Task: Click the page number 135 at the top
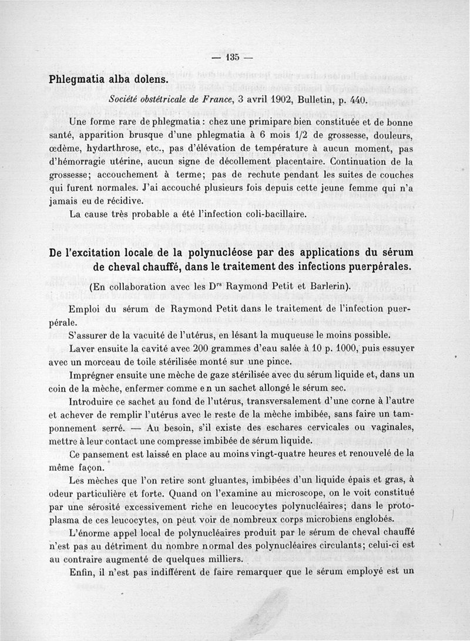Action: coord(232,57)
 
